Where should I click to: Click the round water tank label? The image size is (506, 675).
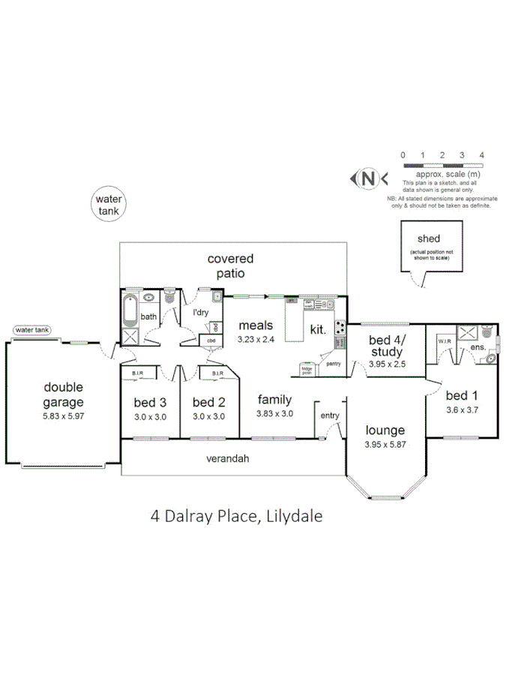click(x=109, y=205)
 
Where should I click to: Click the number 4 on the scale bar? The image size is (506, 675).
click(x=481, y=154)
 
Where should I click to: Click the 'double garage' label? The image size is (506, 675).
click(x=63, y=394)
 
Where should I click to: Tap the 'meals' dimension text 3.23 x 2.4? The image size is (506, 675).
click(x=256, y=339)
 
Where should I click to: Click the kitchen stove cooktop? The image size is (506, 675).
click(x=340, y=327)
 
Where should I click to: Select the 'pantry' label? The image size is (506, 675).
click(x=332, y=363)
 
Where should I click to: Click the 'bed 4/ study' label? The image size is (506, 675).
click(x=386, y=346)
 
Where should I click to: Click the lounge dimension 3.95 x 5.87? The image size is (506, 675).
click(x=385, y=444)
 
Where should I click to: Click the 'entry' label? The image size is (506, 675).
click(x=329, y=415)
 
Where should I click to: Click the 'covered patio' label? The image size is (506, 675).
click(x=230, y=265)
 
